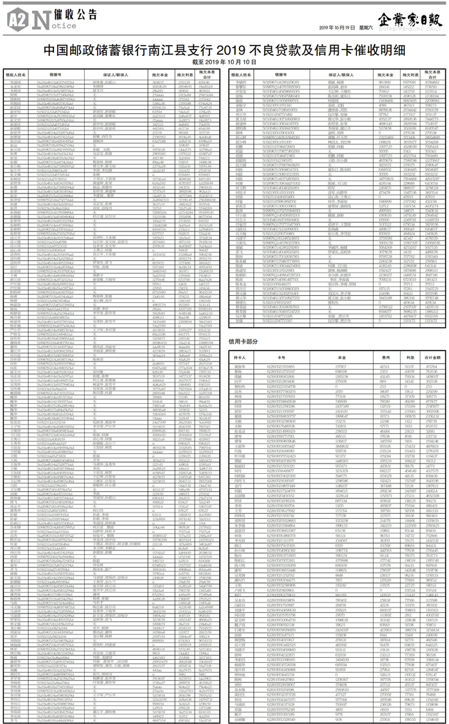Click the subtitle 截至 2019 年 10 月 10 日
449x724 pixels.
point(224,62)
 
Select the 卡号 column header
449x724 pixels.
point(281,356)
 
